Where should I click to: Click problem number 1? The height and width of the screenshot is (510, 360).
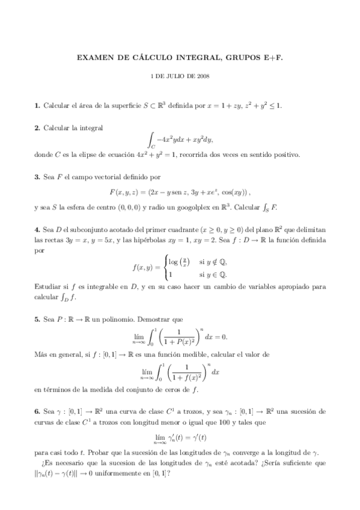37,106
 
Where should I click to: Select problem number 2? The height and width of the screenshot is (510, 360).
37,127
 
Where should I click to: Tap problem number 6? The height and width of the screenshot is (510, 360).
37,412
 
